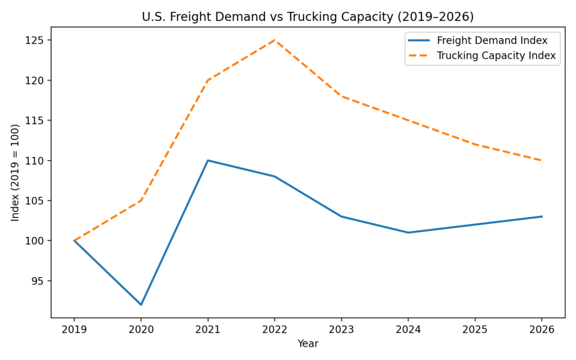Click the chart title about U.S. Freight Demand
(x=308, y=17)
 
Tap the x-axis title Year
(x=308, y=343)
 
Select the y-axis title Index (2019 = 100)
(x=15, y=172)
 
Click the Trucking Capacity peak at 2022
(x=274, y=40)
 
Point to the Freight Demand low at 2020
(x=141, y=305)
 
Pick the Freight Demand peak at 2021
(x=208, y=160)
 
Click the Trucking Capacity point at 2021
(x=208, y=80)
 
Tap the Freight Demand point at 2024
(x=408, y=232)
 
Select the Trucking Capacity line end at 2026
(x=542, y=160)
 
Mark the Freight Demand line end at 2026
(x=542, y=217)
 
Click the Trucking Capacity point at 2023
(x=341, y=96)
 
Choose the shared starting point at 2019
(x=74, y=241)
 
